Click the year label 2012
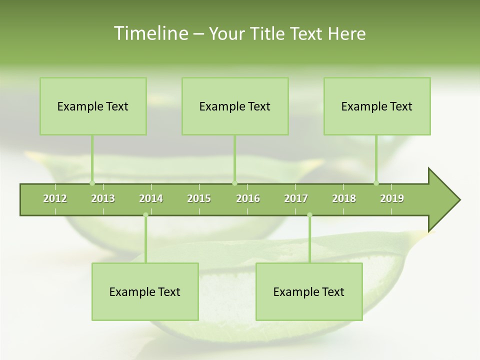pyautogui.click(x=55, y=198)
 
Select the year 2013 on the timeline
pyautogui.click(x=103, y=198)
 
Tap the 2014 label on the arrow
pyautogui.click(x=151, y=198)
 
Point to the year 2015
pyautogui.click(x=199, y=198)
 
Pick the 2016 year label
pyautogui.click(x=248, y=198)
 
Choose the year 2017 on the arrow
pyautogui.click(x=296, y=198)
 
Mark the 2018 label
pyautogui.click(x=344, y=198)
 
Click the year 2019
pyautogui.click(x=392, y=198)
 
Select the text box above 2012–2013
pyautogui.click(x=93, y=106)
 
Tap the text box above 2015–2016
pyautogui.click(x=235, y=106)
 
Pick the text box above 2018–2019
pyautogui.click(x=377, y=106)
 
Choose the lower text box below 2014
pyautogui.click(x=145, y=291)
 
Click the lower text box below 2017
pyautogui.click(x=309, y=291)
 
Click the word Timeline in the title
pyautogui.click(x=150, y=33)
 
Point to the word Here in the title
pyautogui.click(x=347, y=33)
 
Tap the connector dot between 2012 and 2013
pyautogui.click(x=92, y=183)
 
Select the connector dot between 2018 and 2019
pyautogui.click(x=376, y=183)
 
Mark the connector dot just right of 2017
pyautogui.click(x=309, y=215)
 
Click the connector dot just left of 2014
pyautogui.click(x=145, y=215)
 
